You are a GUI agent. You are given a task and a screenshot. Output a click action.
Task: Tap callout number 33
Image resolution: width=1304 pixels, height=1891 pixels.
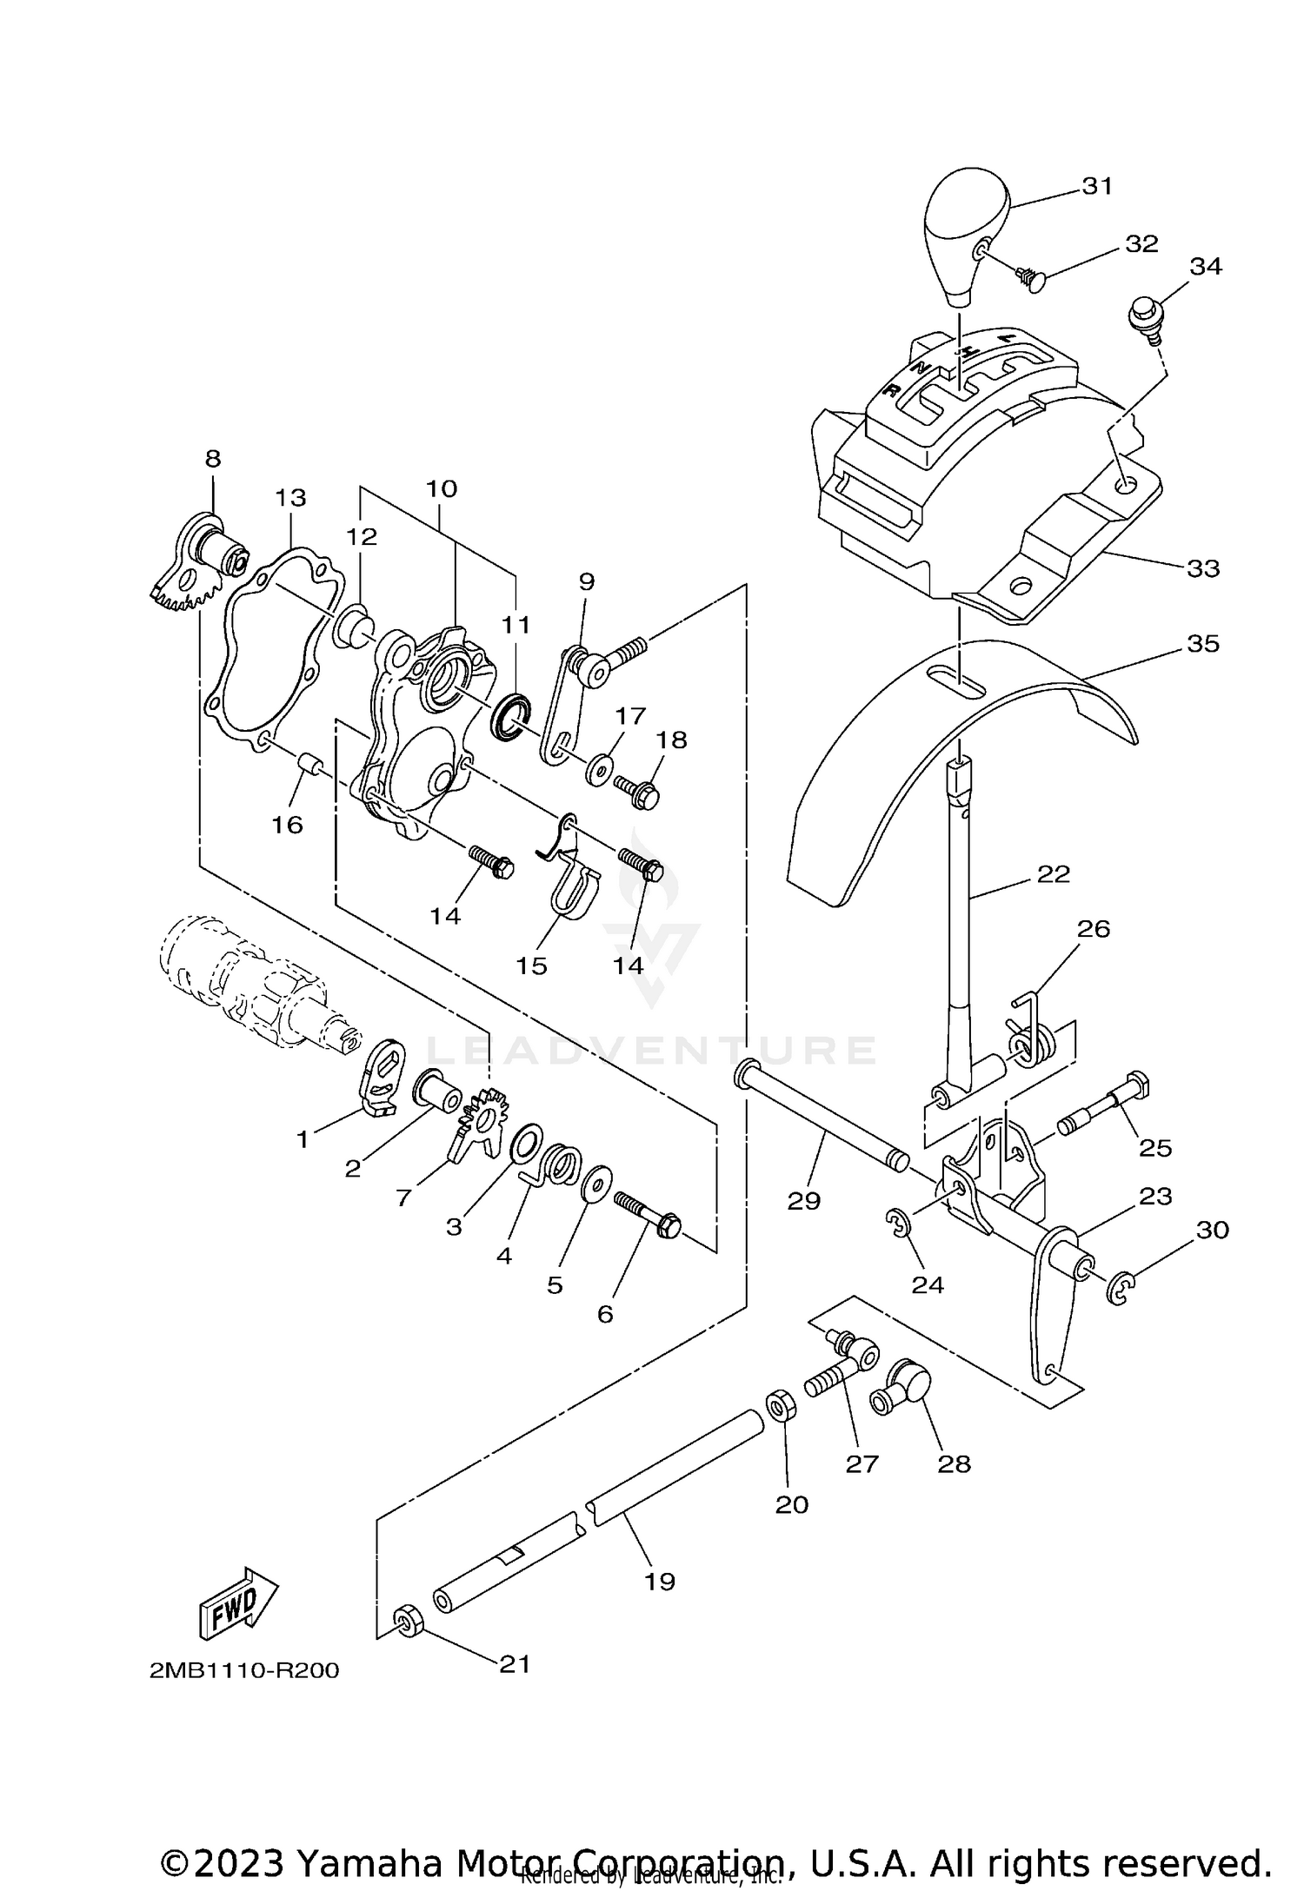(x=1203, y=568)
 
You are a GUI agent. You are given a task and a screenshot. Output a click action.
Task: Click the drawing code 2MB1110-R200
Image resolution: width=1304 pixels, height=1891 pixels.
(x=244, y=1671)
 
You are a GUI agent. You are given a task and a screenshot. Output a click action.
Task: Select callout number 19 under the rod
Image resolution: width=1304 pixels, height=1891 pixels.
(x=660, y=1581)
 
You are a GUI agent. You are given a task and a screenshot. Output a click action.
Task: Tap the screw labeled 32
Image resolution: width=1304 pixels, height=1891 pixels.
(x=1028, y=278)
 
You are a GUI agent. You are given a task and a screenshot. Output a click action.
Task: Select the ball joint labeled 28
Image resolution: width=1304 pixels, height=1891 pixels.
(x=901, y=1392)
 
